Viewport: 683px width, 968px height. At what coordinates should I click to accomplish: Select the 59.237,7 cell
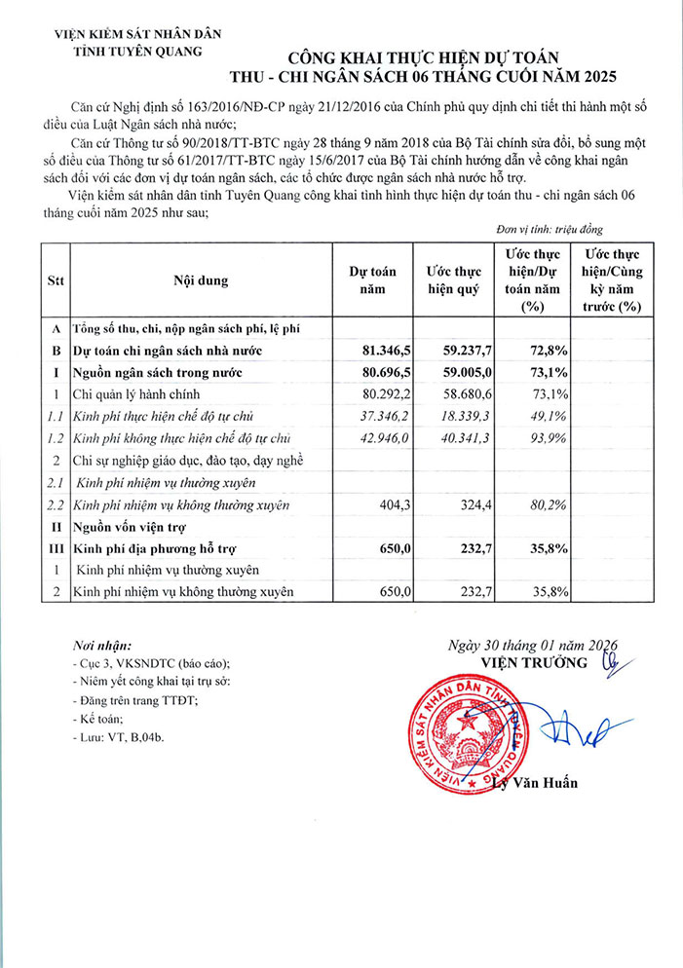[x=454, y=350]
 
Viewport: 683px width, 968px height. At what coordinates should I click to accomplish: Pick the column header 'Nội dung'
[x=201, y=281]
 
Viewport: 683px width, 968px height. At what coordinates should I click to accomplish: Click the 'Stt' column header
[x=56, y=281]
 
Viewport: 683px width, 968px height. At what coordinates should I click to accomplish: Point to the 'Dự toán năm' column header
[x=373, y=281]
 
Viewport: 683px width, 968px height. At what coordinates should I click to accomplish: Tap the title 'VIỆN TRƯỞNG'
[x=534, y=662]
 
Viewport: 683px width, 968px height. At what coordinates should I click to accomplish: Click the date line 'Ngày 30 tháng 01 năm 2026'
[x=533, y=645]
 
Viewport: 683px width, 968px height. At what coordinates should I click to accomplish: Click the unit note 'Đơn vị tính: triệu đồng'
[x=550, y=230]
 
